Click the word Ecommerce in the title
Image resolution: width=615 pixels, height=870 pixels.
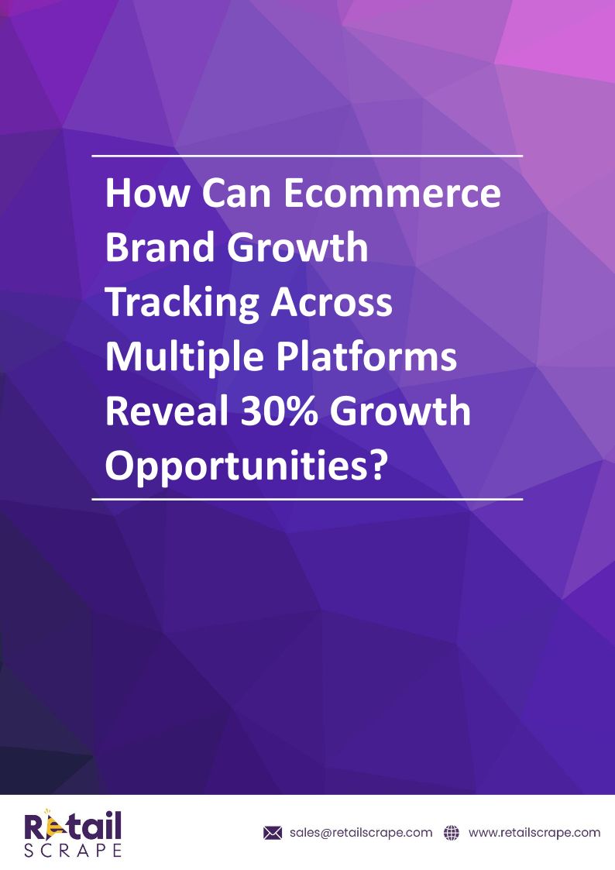tap(393, 193)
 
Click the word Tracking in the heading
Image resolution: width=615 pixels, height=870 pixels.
tap(182, 304)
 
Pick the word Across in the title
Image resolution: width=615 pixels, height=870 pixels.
tap(332, 303)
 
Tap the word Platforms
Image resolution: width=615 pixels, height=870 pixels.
tap(366, 357)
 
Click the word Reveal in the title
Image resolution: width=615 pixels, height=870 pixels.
tap(167, 411)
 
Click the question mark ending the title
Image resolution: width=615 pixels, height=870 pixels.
tap(376, 465)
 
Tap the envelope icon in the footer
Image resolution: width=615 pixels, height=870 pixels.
tap(273, 833)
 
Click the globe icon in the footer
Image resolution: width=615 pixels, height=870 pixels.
tap(452, 833)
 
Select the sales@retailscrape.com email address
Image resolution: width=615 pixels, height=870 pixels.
tap(361, 833)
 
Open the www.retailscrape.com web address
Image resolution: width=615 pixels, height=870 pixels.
tap(534, 833)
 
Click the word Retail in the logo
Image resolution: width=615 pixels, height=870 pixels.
tap(73, 825)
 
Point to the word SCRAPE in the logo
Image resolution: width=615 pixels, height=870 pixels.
tap(73, 851)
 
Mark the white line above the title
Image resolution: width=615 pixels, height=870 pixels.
tap(307, 156)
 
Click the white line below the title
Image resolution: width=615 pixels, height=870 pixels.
tap(307, 500)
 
